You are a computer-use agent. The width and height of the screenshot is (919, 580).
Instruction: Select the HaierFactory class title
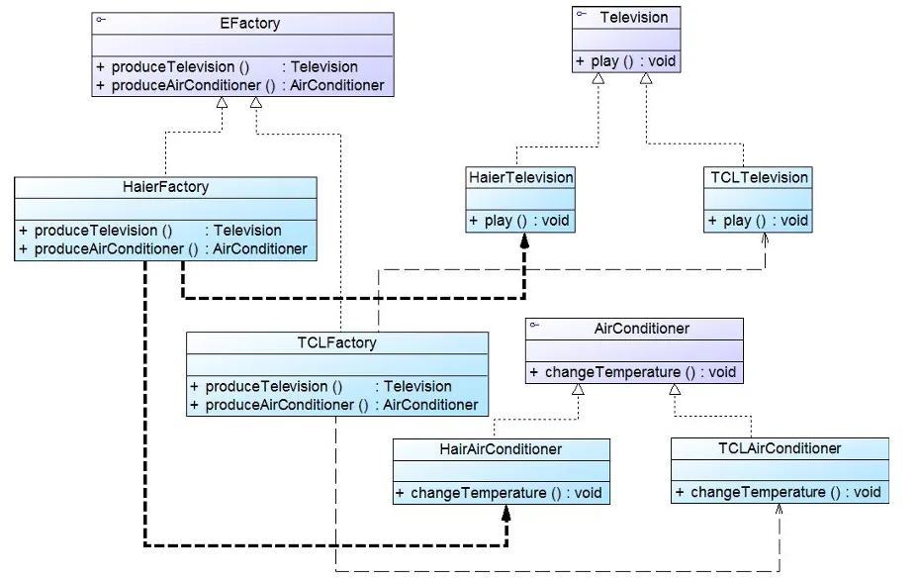pos(166,186)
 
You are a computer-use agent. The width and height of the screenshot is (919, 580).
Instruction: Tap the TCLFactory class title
pos(336,342)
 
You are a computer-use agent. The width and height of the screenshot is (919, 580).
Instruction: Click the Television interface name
pos(634,17)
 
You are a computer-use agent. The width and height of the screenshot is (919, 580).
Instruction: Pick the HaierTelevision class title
pos(520,177)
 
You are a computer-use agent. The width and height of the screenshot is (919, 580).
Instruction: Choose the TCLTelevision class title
pos(759,177)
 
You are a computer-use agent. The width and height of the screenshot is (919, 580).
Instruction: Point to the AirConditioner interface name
pos(642,328)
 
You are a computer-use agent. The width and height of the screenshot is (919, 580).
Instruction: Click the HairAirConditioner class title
pos(501,448)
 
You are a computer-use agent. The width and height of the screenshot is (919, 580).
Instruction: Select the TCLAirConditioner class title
pos(780,447)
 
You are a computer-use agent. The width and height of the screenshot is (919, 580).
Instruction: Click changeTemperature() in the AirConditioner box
pos(633,372)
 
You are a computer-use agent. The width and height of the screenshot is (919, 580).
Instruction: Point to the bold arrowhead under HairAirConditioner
pos(505,512)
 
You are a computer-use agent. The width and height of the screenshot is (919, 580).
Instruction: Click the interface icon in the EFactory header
pos(101,19)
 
